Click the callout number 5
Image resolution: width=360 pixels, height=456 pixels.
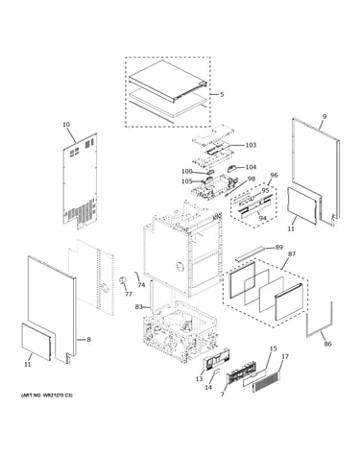click(222, 94)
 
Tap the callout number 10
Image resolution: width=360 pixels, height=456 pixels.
click(66, 125)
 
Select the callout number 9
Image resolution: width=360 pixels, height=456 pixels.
click(324, 117)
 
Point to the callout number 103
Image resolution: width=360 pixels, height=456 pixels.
click(251, 145)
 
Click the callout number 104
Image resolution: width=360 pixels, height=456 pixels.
click(251, 167)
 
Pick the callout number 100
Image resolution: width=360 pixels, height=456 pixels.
click(187, 172)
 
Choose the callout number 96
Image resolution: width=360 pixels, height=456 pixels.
click(274, 175)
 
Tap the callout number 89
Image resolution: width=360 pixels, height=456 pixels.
click(279, 247)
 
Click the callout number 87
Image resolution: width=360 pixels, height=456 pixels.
click(292, 254)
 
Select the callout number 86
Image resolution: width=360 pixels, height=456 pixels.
click(327, 344)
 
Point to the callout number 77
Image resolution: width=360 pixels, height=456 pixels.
click(129, 294)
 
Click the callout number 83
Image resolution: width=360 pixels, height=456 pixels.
click(138, 307)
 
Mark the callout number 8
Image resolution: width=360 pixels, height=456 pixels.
click(88, 339)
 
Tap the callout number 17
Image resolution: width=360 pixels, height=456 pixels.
click(285, 356)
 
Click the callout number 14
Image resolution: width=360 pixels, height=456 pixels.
click(208, 387)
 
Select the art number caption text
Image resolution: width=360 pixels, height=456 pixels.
click(47, 396)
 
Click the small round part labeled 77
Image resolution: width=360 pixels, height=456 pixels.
click(122, 280)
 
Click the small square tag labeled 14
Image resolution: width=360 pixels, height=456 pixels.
click(216, 372)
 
